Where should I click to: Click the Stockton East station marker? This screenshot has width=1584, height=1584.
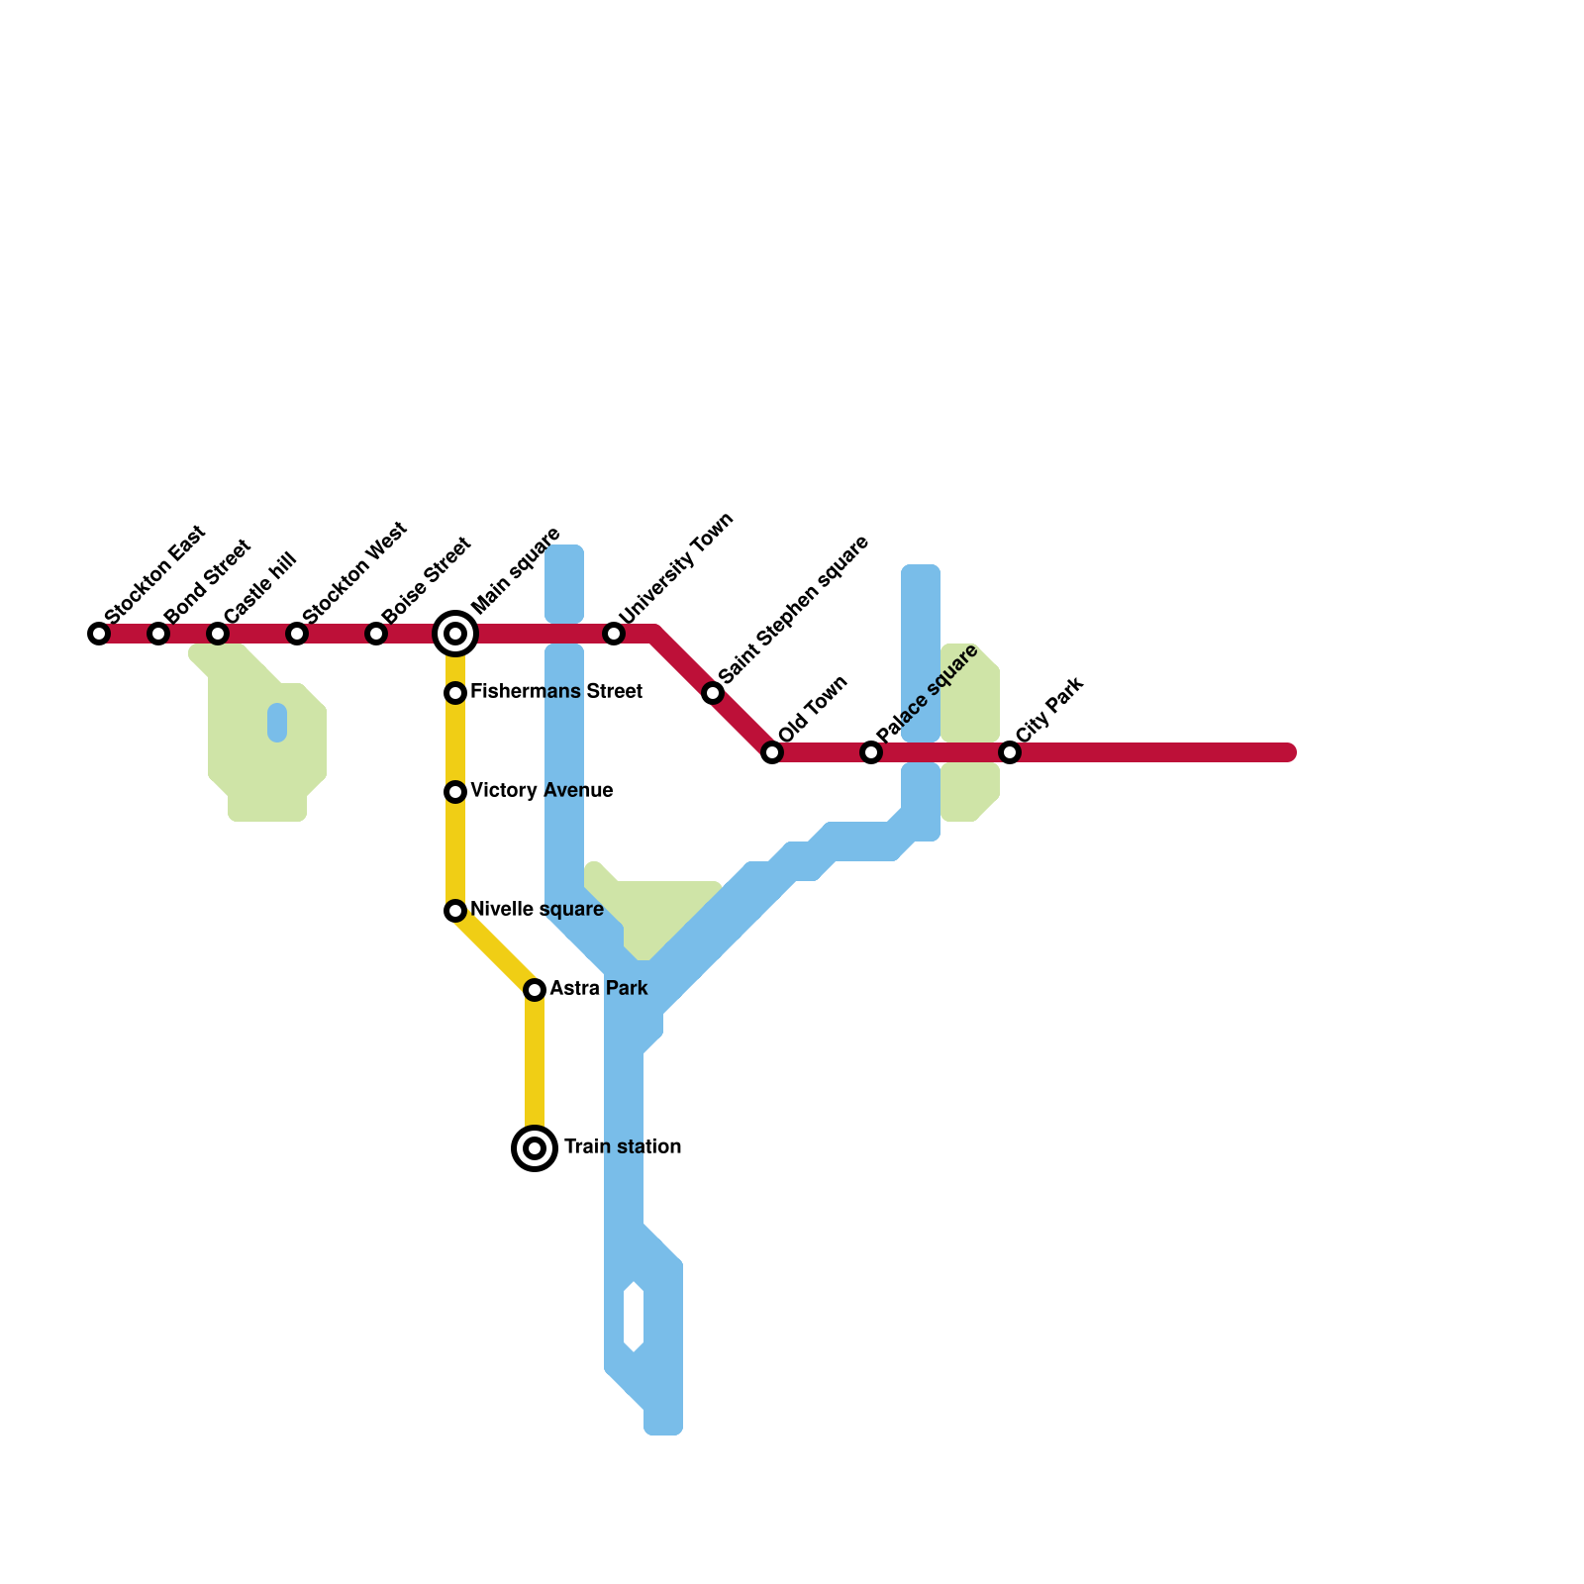(x=99, y=634)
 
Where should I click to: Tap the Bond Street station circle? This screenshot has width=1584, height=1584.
(x=158, y=634)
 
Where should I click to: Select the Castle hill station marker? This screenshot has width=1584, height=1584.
(x=218, y=634)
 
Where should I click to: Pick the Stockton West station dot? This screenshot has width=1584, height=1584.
(x=297, y=634)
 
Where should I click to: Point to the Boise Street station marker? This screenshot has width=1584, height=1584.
(x=376, y=634)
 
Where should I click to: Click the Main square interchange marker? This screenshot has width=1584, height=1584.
(x=455, y=634)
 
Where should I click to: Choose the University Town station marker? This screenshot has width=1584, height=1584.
(x=614, y=634)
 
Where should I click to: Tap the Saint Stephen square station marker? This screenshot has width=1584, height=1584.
(x=713, y=693)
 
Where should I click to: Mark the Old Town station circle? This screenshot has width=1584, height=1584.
(x=772, y=752)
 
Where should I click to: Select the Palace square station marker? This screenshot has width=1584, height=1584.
(x=871, y=752)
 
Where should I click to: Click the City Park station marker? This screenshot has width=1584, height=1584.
(x=1010, y=752)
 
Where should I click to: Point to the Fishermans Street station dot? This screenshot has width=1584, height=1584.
(x=455, y=693)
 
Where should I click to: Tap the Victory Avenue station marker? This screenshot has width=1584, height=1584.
(x=455, y=792)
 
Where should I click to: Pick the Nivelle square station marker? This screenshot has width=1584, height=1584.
(x=455, y=911)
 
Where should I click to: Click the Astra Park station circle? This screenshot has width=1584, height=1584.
(x=535, y=990)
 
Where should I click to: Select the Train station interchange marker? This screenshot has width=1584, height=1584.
(x=535, y=1148)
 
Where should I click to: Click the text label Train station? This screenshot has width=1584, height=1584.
(x=623, y=1147)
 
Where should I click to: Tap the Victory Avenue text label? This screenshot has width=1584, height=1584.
(x=542, y=791)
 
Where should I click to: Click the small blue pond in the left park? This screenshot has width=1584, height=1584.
(x=277, y=723)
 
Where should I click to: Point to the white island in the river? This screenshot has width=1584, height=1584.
(x=634, y=1317)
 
